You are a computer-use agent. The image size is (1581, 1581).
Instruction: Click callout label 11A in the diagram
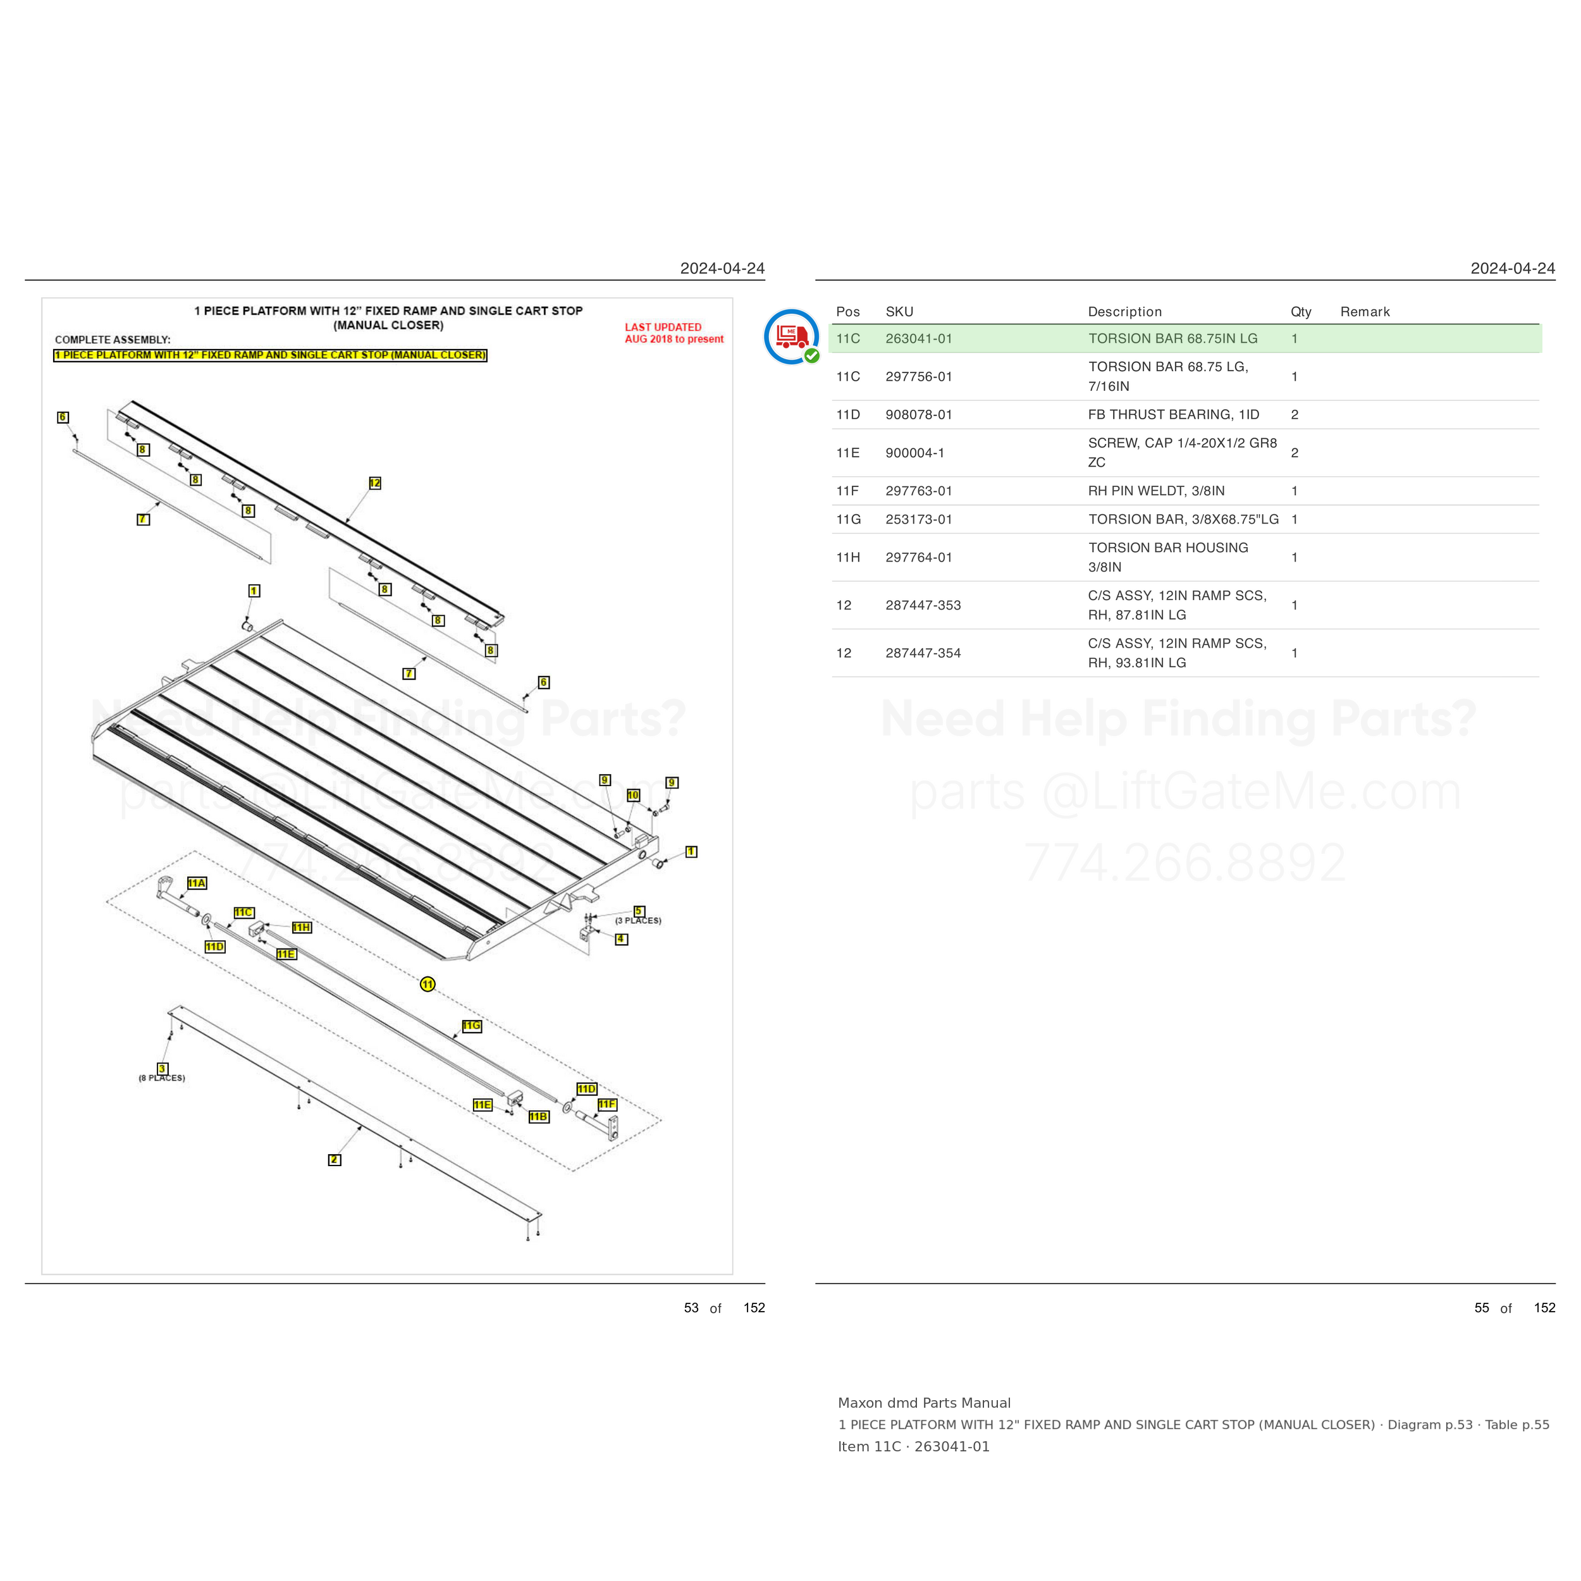197,883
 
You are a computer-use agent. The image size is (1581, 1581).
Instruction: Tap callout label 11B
538,1116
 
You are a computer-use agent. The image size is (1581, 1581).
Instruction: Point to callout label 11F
607,1104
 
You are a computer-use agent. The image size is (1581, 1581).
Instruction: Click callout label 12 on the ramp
375,483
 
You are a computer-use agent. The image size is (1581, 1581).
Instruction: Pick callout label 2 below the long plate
334,1160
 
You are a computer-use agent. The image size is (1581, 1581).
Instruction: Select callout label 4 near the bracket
622,938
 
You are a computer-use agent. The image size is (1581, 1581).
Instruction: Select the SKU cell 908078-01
919,415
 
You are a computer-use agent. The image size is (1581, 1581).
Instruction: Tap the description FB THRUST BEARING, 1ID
1174,415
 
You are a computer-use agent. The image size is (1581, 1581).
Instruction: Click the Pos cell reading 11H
849,557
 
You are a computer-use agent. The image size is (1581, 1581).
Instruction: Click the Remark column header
1365,312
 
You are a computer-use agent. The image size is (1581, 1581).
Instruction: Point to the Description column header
1125,312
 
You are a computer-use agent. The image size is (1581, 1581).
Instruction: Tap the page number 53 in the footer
691,1308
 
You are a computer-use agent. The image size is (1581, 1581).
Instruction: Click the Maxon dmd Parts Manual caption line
924,1403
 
